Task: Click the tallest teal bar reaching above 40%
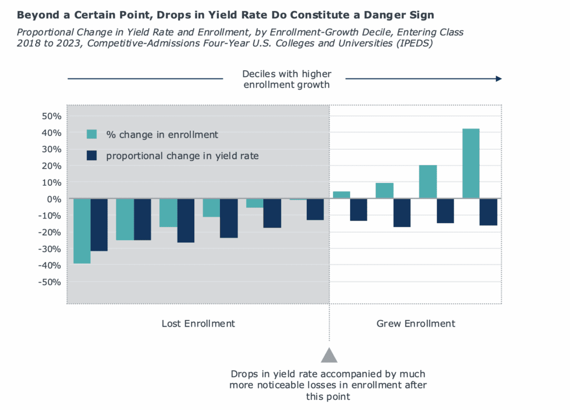tap(471, 164)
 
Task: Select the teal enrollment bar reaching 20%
tap(427, 181)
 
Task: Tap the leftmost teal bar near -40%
tap(82, 231)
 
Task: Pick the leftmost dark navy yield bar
tap(99, 225)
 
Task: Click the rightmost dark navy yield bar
tap(488, 212)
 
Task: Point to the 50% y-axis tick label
tap(49, 116)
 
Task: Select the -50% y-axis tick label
tap(47, 282)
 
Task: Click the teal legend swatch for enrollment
tap(92, 134)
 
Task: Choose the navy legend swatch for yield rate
tap(92, 156)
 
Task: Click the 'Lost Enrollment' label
tap(198, 324)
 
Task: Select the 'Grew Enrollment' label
tap(416, 324)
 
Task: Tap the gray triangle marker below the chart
tap(329, 355)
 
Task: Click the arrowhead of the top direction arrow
tap(499, 79)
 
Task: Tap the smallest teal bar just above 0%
tap(341, 195)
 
